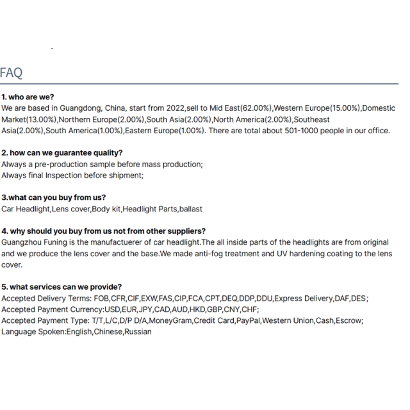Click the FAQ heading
[x=12, y=72]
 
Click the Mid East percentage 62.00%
[x=255, y=108]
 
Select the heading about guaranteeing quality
[x=61, y=152]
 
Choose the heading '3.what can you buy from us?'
[x=54, y=197]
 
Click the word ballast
[x=192, y=209]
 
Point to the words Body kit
[x=106, y=209]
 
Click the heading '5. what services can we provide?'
[x=61, y=287]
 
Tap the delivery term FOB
[x=101, y=299]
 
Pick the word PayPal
[x=245, y=320]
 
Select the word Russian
[x=138, y=332]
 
